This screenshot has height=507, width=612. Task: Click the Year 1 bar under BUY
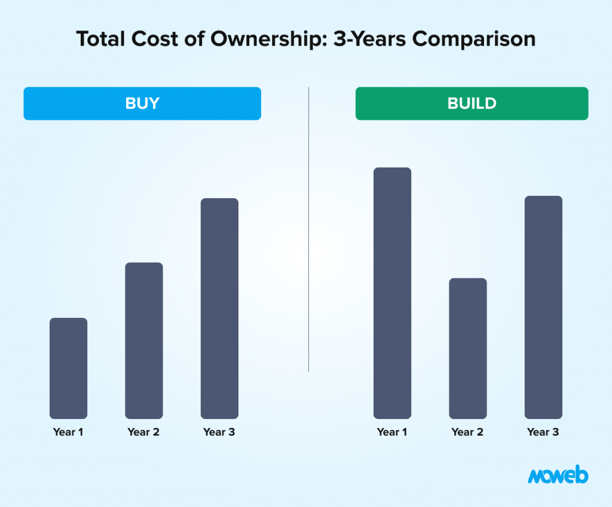(68, 368)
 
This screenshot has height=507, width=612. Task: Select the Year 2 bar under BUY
(143, 341)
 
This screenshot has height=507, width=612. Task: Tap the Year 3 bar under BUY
(219, 308)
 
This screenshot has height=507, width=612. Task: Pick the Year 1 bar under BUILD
(392, 293)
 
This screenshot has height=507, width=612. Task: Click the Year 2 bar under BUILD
(468, 348)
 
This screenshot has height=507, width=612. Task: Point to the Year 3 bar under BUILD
(543, 307)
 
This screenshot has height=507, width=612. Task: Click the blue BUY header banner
(142, 104)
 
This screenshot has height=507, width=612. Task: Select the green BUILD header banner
(472, 104)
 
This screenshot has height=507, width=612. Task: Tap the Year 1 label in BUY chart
(68, 432)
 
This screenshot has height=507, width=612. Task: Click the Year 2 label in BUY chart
(143, 432)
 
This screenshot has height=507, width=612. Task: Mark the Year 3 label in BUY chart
(219, 432)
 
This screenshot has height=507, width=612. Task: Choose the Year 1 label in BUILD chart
(392, 432)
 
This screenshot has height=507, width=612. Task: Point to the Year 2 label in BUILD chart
(467, 432)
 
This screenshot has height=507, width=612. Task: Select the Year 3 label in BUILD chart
(543, 432)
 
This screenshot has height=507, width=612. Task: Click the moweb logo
(558, 476)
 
